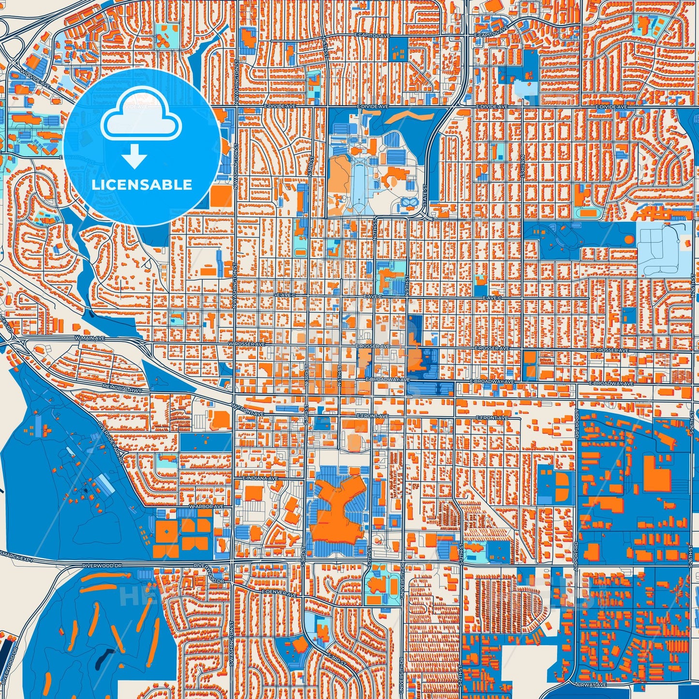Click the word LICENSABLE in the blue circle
(x=142, y=185)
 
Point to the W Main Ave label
(x=89, y=338)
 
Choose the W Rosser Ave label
(x=247, y=344)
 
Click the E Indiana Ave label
(x=260, y=478)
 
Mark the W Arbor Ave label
(x=207, y=506)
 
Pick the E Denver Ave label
(x=279, y=593)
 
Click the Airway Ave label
(x=591, y=684)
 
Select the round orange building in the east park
(x=629, y=239)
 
